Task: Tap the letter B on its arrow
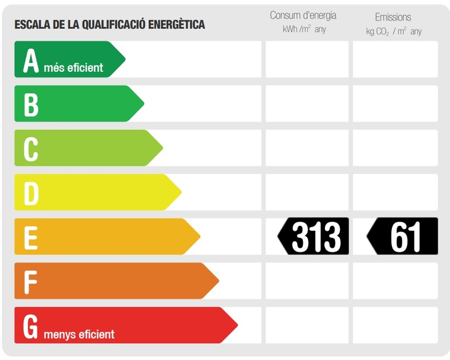(31, 104)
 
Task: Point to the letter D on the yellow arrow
(31, 193)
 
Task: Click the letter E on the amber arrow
(30, 237)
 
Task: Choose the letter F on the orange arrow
(30, 281)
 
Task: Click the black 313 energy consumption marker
(314, 236)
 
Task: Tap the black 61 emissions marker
(403, 236)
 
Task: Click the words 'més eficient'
(73, 68)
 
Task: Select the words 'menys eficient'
(79, 334)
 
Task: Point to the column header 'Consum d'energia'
(303, 15)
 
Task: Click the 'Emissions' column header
(393, 17)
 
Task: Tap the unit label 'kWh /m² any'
(304, 29)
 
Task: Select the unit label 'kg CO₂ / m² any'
(394, 31)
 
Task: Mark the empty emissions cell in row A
(395, 59)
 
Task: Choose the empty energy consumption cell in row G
(307, 325)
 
